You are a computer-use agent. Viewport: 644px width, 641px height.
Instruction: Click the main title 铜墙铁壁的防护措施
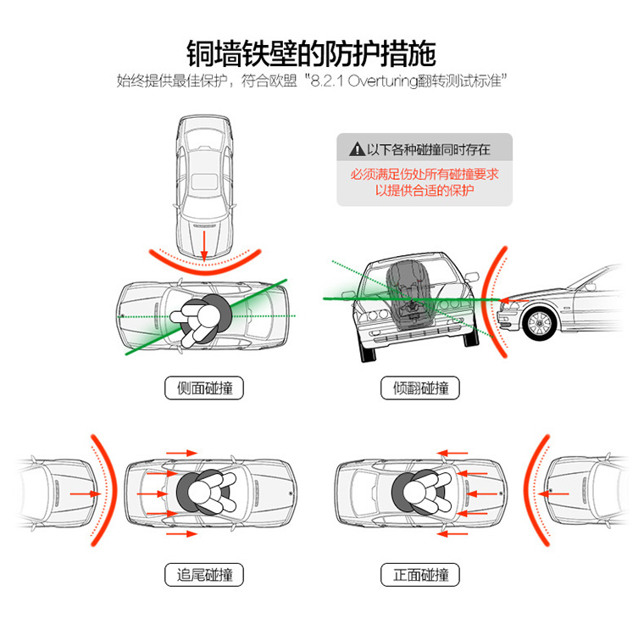(x=311, y=53)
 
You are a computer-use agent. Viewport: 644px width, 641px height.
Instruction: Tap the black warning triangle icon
(x=357, y=149)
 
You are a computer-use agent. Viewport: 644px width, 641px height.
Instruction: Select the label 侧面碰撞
(x=204, y=387)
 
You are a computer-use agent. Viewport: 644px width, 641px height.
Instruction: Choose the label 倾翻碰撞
(x=420, y=387)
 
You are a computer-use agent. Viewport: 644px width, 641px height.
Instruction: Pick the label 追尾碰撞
(x=204, y=574)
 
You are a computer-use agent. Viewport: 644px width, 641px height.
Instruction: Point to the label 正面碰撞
(x=420, y=574)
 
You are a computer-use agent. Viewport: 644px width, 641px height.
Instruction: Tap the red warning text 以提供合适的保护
(x=425, y=190)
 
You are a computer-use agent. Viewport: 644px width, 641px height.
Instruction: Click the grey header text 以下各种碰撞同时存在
(x=429, y=149)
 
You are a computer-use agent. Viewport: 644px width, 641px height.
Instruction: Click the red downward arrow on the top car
(x=204, y=245)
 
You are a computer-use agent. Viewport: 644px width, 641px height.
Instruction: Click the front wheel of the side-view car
(x=539, y=322)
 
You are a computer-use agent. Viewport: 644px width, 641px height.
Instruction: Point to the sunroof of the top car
(x=204, y=181)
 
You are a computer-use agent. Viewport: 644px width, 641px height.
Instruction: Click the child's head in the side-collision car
(x=209, y=315)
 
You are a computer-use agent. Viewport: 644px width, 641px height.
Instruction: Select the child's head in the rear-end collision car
(x=199, y=492)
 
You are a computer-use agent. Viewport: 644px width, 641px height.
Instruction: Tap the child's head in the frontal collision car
(x=414, y=492)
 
